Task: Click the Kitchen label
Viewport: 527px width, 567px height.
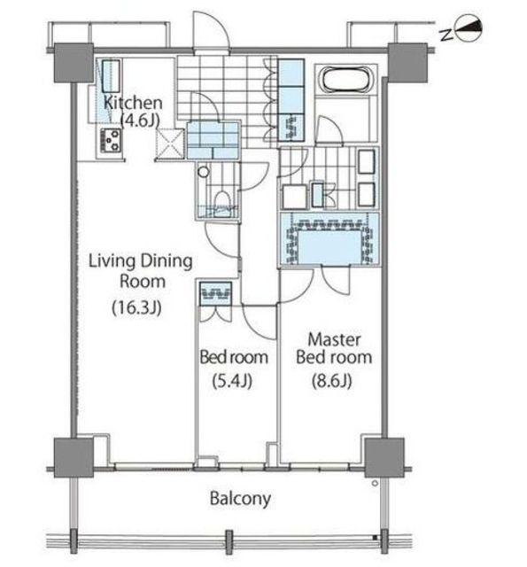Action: pos(133,103)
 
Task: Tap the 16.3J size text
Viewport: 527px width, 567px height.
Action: pos(136,308)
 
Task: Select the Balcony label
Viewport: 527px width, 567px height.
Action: pos(240,499)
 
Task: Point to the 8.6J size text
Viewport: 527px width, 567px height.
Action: pos(331,381)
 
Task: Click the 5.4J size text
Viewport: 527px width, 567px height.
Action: pos(232,381)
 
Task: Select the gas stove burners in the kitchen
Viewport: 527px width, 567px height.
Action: pos(110,140)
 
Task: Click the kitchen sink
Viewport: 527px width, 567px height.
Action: pos(111,76)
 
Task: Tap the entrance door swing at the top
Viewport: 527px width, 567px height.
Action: pos(212,31)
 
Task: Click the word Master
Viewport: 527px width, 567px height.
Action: pos(334,340)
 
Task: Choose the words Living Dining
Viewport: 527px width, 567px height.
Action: pos(140,261)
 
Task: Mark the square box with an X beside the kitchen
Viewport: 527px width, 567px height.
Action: pos(170,144)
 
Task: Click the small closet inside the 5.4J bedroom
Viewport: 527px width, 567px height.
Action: pos(216,293)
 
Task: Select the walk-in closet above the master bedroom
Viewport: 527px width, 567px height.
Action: pos(329,239)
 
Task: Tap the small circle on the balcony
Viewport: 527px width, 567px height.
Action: pos(375,483)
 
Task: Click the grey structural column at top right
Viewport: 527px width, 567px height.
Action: pos(407,63)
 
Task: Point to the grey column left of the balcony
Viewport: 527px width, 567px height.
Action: pos(74,457)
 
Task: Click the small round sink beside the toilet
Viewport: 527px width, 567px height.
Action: pos(204,171)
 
